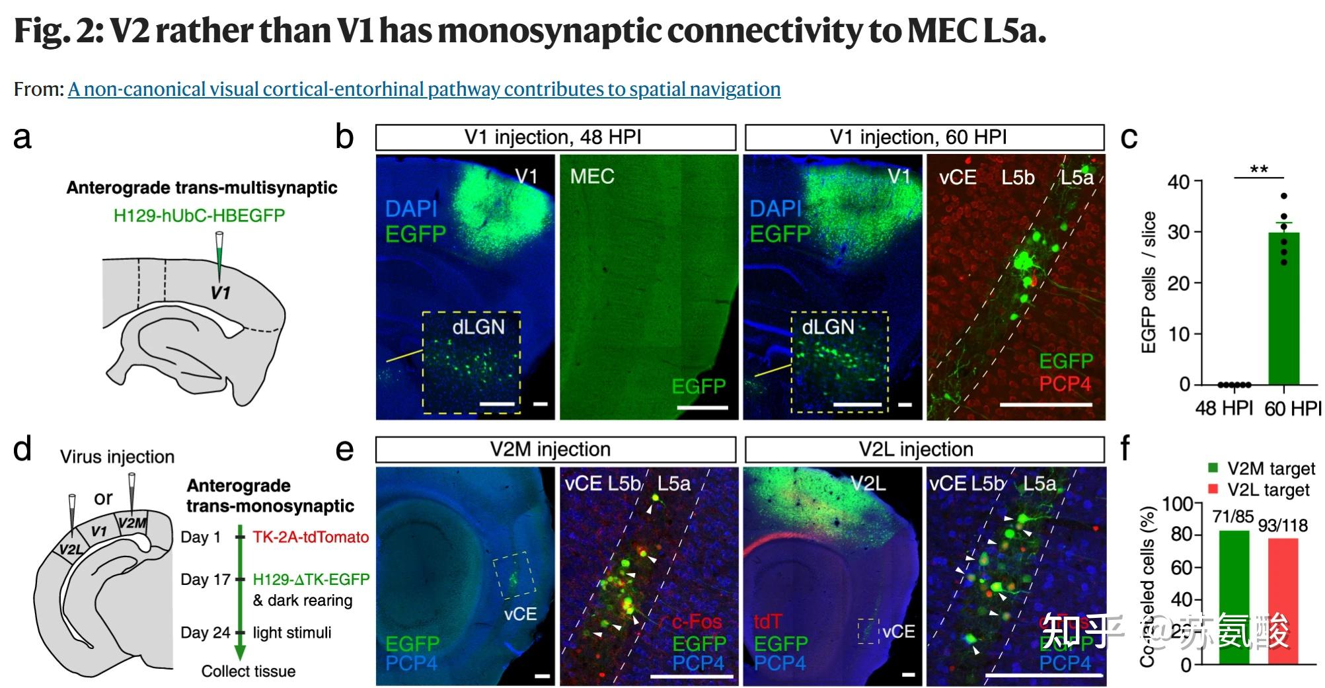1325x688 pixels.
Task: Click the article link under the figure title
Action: point(424,89)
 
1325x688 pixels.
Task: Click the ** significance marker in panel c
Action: point(1259,170)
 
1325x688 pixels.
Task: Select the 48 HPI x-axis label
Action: point(1224,408)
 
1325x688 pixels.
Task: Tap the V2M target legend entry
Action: point(1262,469)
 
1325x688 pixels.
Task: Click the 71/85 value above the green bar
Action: point(1232,517)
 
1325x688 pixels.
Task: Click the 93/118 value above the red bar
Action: point(1283,525)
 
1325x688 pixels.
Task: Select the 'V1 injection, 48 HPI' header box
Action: point(555,137)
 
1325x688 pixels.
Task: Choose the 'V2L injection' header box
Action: point(924,449)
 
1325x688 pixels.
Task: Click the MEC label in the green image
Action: point(592,176)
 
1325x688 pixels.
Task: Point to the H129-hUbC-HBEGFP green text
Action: point(199,215)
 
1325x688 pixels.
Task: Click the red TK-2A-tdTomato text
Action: point(311,537)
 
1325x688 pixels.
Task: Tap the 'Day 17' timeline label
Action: point(205,580)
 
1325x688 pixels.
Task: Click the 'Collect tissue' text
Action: point(248,671)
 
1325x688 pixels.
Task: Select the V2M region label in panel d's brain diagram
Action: point(132,523)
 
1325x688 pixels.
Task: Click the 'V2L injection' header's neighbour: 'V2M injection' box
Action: point(555,449)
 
